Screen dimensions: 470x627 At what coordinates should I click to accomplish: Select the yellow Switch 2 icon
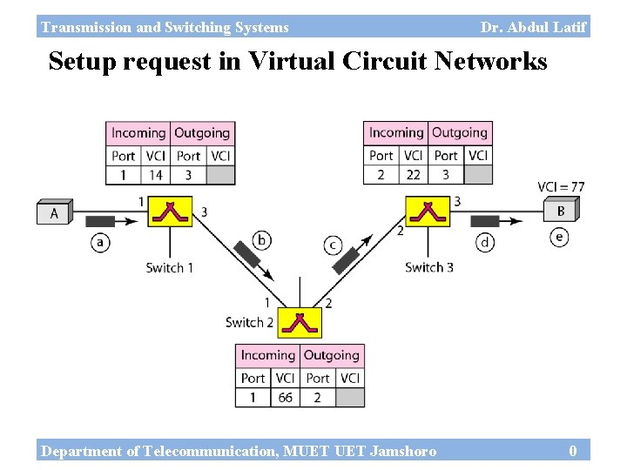[300, 322]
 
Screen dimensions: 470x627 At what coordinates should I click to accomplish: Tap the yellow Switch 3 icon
[428, 211]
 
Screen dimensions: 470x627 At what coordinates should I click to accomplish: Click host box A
[54, 212]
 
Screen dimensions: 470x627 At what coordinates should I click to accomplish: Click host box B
[561, 211]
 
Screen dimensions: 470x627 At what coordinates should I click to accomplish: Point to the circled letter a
[101, 243]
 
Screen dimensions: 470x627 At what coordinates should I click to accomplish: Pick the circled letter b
[261, 240]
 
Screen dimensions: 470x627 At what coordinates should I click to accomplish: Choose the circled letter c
[334, 245]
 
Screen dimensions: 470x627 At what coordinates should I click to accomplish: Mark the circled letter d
[485, 243]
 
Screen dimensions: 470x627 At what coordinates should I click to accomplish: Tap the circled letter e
[560, 237]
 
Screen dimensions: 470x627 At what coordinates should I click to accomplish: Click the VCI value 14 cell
[156, 175]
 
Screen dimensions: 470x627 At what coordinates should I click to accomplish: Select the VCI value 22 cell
[414, 175]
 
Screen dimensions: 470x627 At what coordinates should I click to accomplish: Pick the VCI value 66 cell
[285, 398]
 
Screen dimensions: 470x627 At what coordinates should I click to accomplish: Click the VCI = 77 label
[561, 186]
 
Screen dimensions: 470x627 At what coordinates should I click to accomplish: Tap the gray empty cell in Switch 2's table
[349, 398]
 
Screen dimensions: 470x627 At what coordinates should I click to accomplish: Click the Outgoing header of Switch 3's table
[460, 133]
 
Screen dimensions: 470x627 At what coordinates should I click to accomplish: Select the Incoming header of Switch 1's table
[138, 133]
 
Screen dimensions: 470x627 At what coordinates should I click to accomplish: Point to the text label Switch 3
[428, 267]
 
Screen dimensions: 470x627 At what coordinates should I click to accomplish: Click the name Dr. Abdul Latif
[533, 27]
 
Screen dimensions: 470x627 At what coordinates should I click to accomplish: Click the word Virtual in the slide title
[295, 62]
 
